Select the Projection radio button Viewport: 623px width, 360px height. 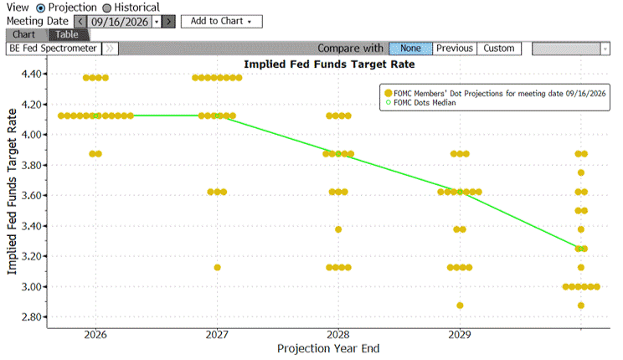40,8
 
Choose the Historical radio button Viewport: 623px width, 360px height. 107,8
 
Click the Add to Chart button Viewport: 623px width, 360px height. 221,22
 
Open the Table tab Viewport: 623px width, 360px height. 67,34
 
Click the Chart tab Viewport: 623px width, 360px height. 23,34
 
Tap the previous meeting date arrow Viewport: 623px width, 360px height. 80,22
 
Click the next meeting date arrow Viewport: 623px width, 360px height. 169,22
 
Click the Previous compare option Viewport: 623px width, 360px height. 455,49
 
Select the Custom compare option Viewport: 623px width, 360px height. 498,49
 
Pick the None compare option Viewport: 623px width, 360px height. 410,49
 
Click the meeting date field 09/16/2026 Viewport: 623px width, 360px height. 119,22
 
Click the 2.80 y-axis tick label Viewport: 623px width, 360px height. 32,317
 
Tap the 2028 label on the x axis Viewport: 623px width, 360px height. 338,335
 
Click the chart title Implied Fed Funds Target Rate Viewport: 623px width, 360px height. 329,64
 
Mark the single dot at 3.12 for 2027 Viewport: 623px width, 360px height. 217,267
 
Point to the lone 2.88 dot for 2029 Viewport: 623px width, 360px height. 460,306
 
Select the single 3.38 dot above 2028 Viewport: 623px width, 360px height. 338,229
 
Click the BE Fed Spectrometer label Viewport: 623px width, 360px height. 54,49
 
